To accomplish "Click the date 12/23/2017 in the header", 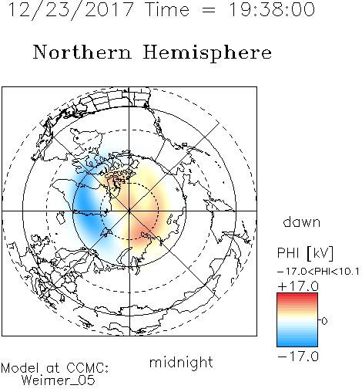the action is [71, 10].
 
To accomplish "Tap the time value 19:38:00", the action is [272, 9].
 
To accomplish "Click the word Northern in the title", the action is [82, 52].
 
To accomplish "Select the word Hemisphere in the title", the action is [207, 53].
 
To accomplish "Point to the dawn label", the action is [302, 222].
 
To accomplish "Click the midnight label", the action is [181, 363].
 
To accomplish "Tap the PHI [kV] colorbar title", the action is [305, 253].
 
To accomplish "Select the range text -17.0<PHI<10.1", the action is [318, 272].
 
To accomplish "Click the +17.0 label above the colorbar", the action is [298, 286].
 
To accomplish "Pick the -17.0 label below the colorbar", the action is [298, 357].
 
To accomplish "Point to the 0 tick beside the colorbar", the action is [324, 321].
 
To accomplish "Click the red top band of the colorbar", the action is [297, 296].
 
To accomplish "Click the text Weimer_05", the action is [59, 380].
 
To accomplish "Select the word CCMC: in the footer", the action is [88, 368].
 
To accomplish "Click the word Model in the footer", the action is [20, 368].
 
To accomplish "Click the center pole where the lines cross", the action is [129, 211].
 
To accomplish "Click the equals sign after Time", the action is [209, 10].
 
